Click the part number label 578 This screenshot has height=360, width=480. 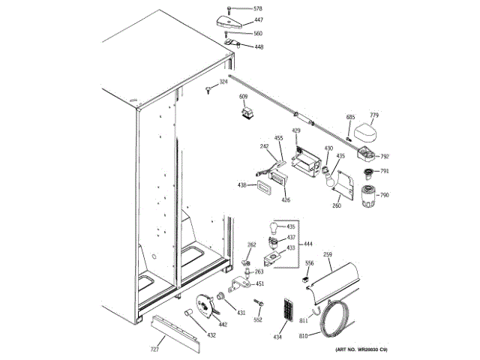click(258, 8)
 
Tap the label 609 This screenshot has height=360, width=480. click(244, 97)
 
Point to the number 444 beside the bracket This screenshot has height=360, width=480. click(309, 244)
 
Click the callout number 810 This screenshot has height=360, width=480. click(303, 335)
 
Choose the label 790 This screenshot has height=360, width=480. click(384, 195)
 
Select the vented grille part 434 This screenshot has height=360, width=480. click(286, 310)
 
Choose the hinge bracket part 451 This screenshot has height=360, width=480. click(241, 284)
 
